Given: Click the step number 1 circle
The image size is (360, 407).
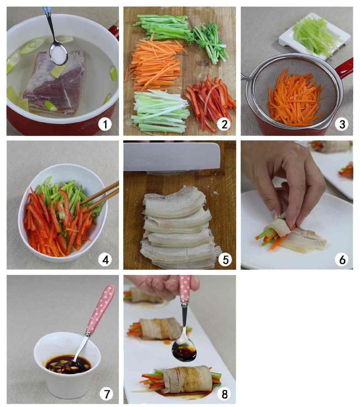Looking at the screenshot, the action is [105, 124].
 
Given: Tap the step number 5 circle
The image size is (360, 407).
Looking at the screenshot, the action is [225, 259].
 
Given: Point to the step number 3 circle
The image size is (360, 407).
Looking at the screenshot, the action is [342, 124].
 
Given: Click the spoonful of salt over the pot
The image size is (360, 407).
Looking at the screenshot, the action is [59, 53].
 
